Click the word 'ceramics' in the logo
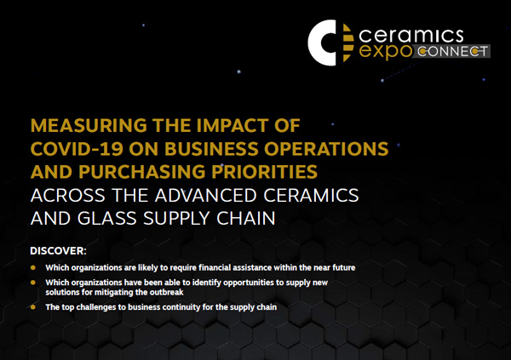411,36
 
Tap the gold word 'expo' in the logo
386,52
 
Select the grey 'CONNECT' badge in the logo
451,51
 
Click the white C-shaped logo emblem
318,43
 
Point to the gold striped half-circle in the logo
348,43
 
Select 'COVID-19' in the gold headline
77,149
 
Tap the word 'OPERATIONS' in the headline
326,149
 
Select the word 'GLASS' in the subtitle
107,218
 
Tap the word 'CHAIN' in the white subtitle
246,218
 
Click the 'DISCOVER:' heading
58,251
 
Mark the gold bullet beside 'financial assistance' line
33,268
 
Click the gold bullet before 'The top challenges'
33,307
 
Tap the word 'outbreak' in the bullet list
167,292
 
